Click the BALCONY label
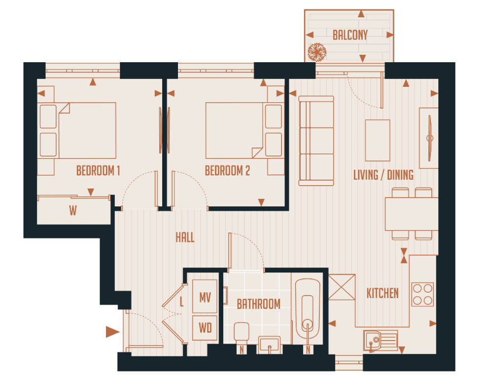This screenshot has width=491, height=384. point(350,35)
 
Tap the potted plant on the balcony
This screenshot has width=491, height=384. point(316,51)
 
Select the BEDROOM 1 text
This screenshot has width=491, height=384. point(98,171)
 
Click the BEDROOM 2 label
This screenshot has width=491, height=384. point(227,171)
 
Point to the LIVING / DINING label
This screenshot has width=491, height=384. point(384,175)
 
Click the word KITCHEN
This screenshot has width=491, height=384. point(383,293)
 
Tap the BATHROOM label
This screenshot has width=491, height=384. point(258,304)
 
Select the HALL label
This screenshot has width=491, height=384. point(185,237)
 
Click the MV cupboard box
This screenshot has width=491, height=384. point(205,298)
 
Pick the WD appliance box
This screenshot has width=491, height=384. point(205,328)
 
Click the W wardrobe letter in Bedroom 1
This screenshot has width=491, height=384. point(73,211)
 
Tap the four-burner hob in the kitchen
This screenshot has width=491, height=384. point(422,294)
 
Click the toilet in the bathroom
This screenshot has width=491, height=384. point(241,334)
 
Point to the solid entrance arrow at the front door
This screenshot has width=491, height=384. point(113,332)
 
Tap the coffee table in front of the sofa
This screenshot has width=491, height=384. point(378,140)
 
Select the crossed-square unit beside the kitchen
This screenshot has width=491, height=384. point(342,287)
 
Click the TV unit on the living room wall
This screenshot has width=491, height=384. point(428,138)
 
